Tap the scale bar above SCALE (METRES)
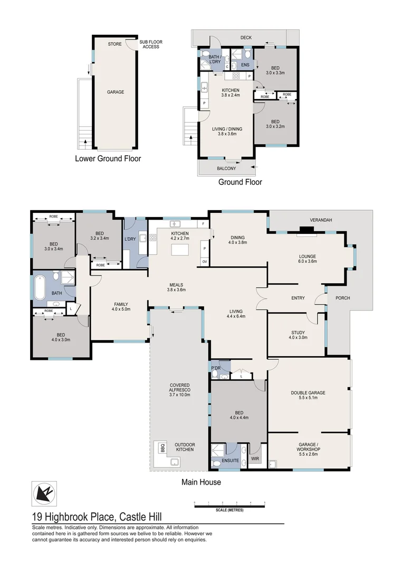coord(229,506)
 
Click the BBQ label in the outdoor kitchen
coord(162,448)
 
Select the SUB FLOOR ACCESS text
coord(150,44)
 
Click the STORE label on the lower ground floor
coord(114,44)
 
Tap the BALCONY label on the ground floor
coord(226,169)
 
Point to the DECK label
coord(246,38)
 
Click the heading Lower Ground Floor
coord(108,158)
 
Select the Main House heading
coord(201,482)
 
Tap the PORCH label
coord(341,298)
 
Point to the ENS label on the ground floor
coord(245,65)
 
